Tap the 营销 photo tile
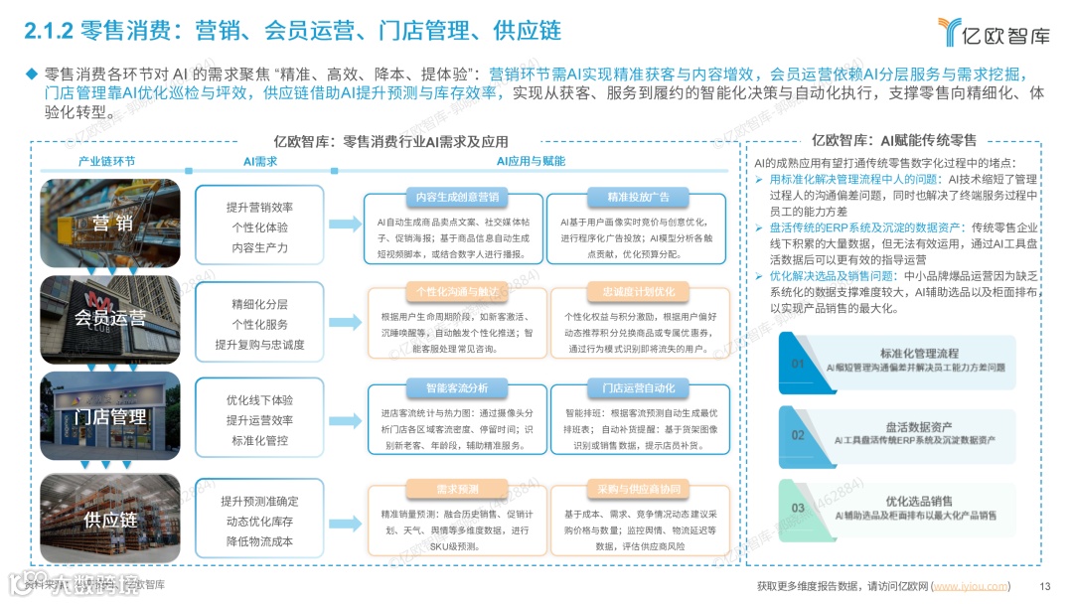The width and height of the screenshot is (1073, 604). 110,222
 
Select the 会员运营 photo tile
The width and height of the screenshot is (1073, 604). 110,319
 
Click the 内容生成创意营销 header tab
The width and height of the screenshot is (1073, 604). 452,196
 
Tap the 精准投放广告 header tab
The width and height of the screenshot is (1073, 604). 638,196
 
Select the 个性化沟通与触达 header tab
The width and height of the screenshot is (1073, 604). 452,292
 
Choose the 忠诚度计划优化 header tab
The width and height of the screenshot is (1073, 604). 638,292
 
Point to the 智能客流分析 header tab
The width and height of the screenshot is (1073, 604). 452,387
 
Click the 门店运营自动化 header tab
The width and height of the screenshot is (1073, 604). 638,387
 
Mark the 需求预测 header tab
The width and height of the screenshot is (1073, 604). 452,490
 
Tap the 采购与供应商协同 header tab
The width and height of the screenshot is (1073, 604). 638,490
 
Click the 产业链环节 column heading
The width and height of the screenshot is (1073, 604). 107,161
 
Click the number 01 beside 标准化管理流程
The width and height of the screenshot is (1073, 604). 798,364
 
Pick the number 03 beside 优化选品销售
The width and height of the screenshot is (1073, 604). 798,508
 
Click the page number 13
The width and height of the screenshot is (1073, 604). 1044,586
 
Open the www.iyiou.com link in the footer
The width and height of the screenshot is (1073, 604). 971,586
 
